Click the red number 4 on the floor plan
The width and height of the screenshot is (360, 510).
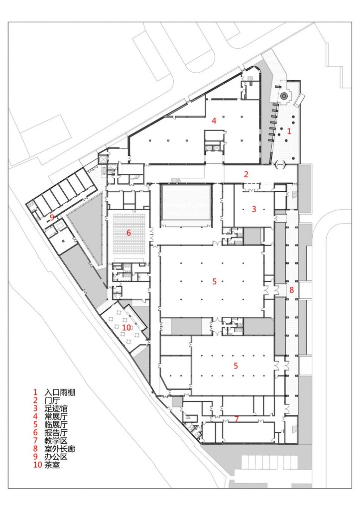(x=214, y=121)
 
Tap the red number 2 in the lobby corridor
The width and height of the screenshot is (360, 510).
(x=246, y=174)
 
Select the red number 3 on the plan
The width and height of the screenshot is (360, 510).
(x=254, y=209)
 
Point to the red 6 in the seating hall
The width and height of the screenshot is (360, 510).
(x=128, y=233)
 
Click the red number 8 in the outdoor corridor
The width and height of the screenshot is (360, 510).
(x=291, y=289)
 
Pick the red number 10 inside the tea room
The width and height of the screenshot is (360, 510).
(x=126, y=327)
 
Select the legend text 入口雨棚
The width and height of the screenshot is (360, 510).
(x=60, y=392)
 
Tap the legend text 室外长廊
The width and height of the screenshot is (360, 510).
(x=60, y=449)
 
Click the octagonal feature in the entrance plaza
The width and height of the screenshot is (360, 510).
(x=284, y=96)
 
